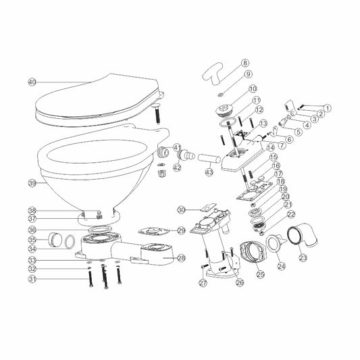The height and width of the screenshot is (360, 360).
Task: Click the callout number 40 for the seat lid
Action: [x=31, y=82]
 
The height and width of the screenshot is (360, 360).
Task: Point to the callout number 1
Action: [x=328, y=107]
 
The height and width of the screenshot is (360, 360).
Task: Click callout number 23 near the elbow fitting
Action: [x=303, y=257]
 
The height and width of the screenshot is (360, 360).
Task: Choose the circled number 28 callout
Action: [x=181, y=258]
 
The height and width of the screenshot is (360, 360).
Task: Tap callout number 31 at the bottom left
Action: [x=31, y=279]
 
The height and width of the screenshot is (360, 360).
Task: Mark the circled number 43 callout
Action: [x=190, y=173]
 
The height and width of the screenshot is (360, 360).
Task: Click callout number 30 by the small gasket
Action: [x=181, y=210]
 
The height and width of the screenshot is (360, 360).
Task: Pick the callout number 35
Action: [x=31, y=239]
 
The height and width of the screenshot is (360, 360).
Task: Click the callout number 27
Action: [x=202, y=284]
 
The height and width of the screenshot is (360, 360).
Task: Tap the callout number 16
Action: [x=276, y=165]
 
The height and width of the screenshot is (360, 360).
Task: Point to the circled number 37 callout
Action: [x=31, y=218]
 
